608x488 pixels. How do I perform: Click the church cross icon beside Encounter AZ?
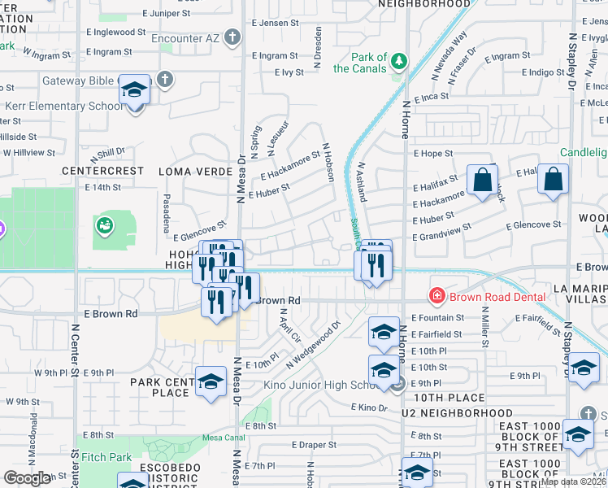coord(232,37)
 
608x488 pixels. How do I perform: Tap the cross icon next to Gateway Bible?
coord(165,79)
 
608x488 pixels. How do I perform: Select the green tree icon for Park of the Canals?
coord(398,61)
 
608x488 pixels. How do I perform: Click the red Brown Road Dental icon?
coord(437,298)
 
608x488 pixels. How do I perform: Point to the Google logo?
coord(27,477)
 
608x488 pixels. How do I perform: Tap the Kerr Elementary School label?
coord(65,107)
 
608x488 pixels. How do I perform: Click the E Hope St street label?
coord(432,153)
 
